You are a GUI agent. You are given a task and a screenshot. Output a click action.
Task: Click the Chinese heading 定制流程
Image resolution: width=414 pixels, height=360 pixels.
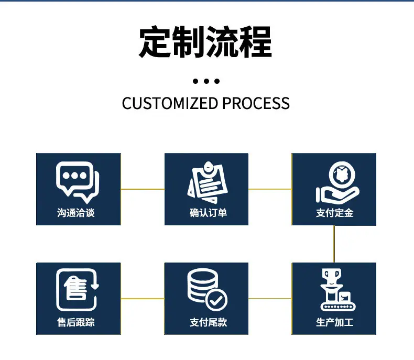point(205,42)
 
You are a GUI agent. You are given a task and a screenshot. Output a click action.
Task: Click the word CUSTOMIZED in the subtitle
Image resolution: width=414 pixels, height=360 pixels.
point(170,103)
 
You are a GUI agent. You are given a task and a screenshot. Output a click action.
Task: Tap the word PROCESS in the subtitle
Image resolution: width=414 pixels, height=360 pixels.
point(256,103)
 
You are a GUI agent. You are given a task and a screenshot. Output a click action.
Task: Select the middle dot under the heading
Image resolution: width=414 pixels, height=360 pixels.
point(206,81)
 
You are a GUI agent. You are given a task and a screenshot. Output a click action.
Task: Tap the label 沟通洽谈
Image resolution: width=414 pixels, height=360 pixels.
point(76,212)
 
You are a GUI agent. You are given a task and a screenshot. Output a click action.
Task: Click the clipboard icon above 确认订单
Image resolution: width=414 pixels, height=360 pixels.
point(208,182)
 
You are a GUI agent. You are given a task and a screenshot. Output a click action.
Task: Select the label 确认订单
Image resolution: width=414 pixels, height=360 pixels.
point(208,212)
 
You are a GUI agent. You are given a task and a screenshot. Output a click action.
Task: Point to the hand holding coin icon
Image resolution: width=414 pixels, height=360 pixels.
point(337,182)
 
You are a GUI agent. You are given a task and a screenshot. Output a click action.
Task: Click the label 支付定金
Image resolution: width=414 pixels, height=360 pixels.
point(334,212)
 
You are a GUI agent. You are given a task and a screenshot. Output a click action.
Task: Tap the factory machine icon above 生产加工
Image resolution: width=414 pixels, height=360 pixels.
point(338,290)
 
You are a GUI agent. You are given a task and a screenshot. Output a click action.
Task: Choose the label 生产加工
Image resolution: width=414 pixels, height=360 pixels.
point(334,322)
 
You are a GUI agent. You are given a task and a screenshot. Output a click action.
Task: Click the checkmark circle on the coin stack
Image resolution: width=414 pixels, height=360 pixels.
point(216,300)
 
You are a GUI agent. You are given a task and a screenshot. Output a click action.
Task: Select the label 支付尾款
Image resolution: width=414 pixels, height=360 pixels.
point(208,322)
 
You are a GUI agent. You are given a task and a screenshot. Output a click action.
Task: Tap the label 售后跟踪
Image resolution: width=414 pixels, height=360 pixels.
point(76,322)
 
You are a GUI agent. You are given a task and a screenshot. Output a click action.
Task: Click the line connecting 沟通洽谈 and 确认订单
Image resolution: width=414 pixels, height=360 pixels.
point(143,189)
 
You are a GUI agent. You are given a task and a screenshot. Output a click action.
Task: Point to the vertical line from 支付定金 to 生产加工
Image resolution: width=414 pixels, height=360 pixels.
point(334,244)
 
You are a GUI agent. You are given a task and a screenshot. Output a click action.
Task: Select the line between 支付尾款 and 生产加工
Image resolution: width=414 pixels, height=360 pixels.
point(270,299)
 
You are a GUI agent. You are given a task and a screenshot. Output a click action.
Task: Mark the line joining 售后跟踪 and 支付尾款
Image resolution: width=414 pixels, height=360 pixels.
point(143,299)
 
